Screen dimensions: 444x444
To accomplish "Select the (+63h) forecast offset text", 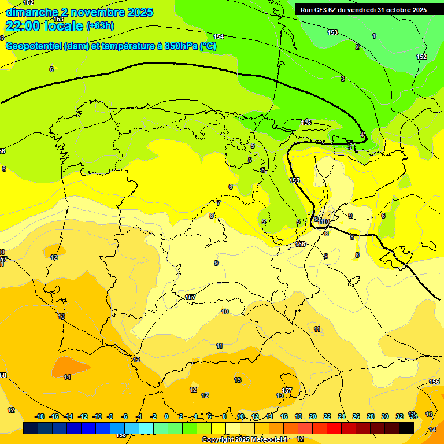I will pyautogui.click(x=100, y=26).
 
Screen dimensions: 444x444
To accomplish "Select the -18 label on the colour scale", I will pyautogui.click(x=39, y=416).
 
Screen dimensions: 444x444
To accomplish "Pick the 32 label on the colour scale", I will pyautogui.click(x=399, y=416).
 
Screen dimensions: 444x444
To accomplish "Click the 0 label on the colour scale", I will pyautogui.click(x=166, y=416).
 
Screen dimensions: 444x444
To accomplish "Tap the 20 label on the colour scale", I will pyautogui.click(x=312, y=416).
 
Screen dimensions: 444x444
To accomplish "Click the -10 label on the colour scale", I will pyautogui.click(x=97, y=416).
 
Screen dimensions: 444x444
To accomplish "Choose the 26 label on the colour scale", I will pyautogui.click(x=356, y=416).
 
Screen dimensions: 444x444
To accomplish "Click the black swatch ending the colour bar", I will pyautogui.click(x=406, y=428).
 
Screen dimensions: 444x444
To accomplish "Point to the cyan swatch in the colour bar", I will pyautogui.click(x=146, y=428).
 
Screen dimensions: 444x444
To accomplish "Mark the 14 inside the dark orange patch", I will pyautogui.click(x=67, y=377).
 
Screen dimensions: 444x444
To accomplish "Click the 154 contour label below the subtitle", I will pyautogui.click(x=219, y=36).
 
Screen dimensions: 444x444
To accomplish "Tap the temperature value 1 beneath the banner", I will pyautogui.click(x=373, y=36).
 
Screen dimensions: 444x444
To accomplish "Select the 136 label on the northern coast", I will pyautogui.click(x=306, y=123).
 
